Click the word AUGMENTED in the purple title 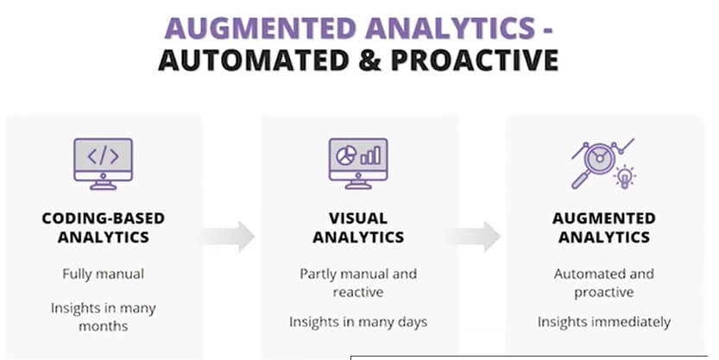pos(260,28)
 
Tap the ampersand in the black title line pos(370,60)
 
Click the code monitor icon pos(104,164)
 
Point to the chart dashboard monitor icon pos(358,164)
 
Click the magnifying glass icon pos(594,164)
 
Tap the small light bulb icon pos(624,177)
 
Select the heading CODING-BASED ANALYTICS pos(104,227)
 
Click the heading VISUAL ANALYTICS pos(358,227)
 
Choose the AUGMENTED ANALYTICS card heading pos(604,227)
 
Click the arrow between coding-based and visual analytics pos(228,237)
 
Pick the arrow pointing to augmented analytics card pos(472,237)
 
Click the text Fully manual pos(104,275)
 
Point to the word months pos(104,326)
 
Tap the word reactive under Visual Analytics pos(358,292)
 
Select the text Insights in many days pos(358,322)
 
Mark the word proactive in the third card pos(604,293)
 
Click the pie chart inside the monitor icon pos(346,156)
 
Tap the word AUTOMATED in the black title pos(254,60)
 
